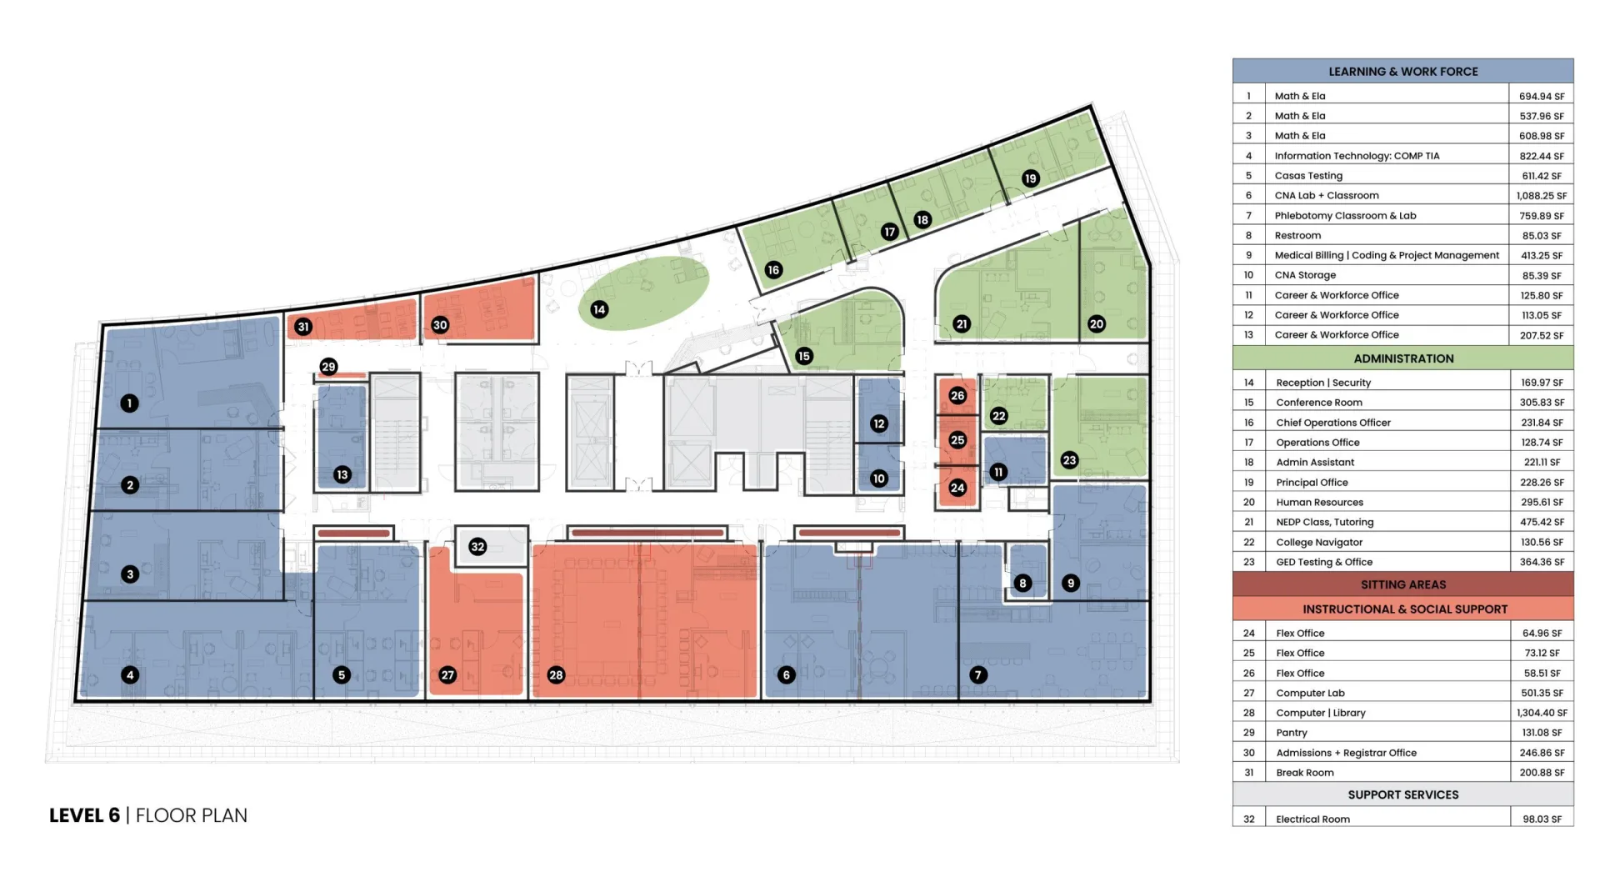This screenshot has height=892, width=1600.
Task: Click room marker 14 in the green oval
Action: coord(599,310)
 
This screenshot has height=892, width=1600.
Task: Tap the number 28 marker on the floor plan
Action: coord(556,675)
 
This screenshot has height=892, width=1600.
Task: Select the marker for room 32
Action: coord(477,547)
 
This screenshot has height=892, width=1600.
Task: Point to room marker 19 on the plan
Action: coord(1031,178)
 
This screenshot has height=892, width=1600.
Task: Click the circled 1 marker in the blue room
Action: coord(129,403)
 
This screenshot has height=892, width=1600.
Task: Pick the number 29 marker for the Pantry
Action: coord(328,367)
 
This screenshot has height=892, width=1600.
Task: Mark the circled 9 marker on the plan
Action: coord(1071,584)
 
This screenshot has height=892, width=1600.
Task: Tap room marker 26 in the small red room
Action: coord(957,396)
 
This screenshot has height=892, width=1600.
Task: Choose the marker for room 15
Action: coord(803,356)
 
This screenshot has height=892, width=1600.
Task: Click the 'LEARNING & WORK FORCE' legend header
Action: coord(1403,72)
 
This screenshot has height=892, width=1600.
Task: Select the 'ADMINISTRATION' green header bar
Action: coord(1403,358)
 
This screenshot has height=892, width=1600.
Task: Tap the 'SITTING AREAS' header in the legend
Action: coord(1403,584)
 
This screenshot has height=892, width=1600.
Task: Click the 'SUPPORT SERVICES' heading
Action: coord(1403,794)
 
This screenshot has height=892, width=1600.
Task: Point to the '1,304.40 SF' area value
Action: coord(1542,713)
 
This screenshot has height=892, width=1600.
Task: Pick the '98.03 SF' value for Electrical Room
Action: coord(1542,819)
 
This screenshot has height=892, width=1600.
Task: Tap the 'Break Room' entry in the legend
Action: coord(1305,773)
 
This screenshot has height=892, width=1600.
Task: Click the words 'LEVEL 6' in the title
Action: coord(84,815)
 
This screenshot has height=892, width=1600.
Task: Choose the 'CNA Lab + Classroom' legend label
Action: coord(1327,195)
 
